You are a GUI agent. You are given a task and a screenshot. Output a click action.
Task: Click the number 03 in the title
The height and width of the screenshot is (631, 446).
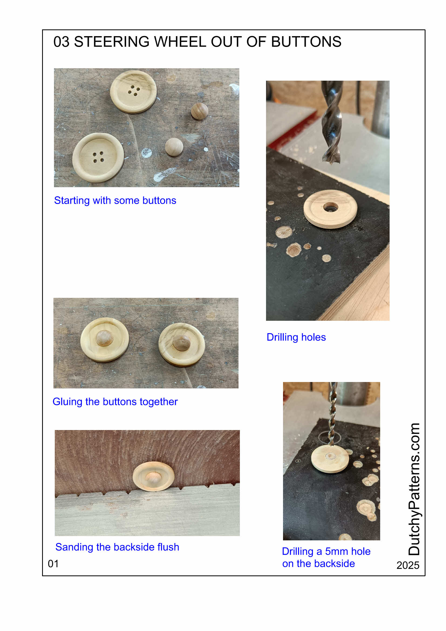(x=61, y=42)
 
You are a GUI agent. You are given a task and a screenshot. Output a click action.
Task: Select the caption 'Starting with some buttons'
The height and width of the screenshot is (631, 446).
(x=115, y=201)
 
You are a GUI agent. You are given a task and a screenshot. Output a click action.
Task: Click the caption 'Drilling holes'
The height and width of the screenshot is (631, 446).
(x=296, y=337)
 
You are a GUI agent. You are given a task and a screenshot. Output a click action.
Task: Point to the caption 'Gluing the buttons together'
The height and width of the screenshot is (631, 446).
(x=115, y=402)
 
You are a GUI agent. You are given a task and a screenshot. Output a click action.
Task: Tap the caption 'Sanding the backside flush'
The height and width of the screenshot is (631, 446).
(x=117, y=547)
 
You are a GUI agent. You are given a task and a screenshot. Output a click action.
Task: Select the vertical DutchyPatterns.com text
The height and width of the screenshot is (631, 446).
(x=414, y=489)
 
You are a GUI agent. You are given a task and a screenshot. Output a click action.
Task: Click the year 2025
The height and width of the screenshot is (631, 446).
(x=407, y=566)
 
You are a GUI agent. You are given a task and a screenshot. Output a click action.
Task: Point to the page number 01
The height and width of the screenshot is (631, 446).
(x=53, y=564)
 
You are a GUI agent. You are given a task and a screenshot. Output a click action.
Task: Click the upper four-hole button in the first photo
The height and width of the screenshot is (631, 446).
(x=134, y=91)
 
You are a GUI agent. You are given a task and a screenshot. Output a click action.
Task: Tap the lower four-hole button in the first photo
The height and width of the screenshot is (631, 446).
(x=98, y=158)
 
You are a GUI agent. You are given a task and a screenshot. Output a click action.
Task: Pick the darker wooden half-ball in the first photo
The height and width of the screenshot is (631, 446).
(x=199, y=111)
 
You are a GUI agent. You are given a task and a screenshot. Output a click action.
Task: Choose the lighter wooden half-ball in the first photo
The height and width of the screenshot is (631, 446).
(x=174, y=147)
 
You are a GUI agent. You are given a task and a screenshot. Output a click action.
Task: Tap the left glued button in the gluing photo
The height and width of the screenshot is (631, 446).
(x=104, y=340)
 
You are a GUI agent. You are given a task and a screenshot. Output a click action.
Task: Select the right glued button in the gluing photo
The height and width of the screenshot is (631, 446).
(x=182, y=344)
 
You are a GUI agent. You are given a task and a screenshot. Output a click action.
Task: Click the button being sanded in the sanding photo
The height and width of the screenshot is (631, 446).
(x=153, y=476)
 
